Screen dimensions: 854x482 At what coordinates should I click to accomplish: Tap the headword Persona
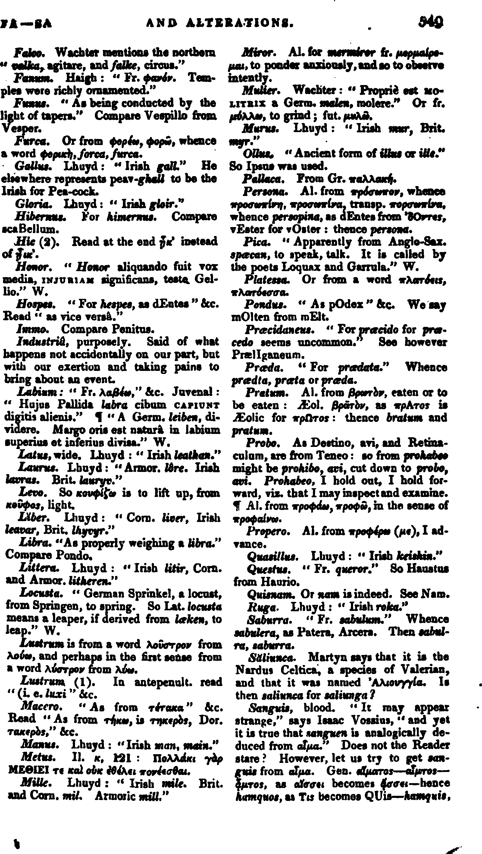[x=265, y=191]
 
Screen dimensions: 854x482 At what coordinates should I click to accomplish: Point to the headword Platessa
[x=267, y=280]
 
